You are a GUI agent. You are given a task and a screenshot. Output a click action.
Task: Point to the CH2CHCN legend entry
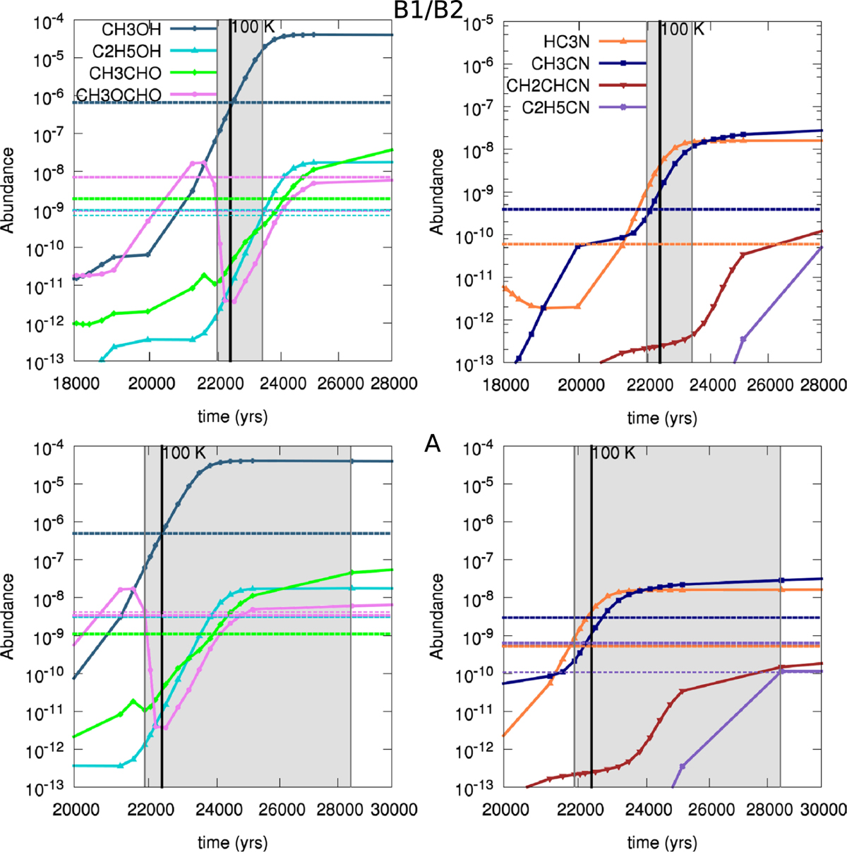548,85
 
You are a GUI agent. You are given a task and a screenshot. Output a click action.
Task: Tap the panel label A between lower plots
433,444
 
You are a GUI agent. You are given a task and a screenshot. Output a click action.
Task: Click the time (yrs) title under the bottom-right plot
662,842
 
